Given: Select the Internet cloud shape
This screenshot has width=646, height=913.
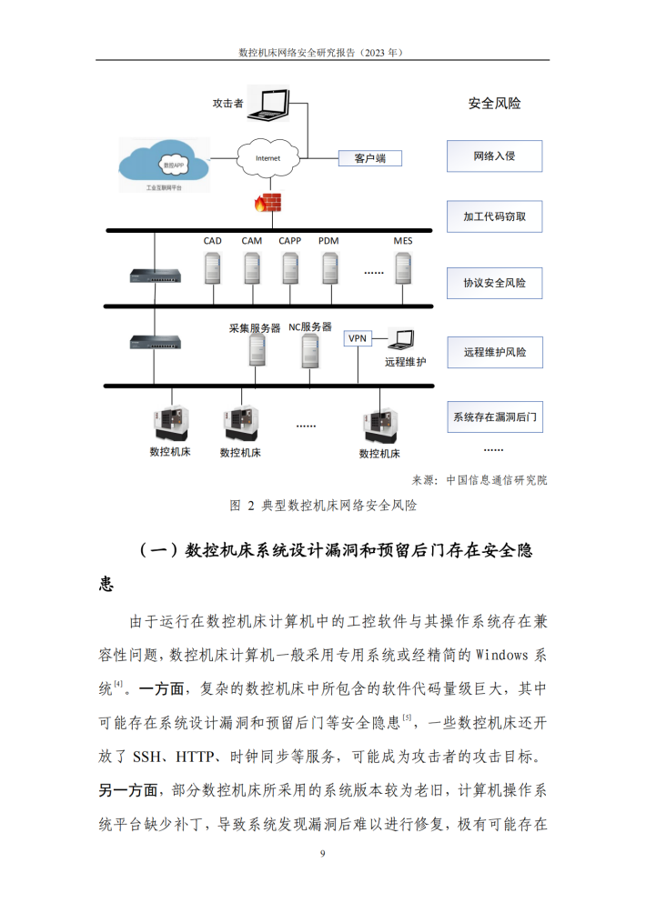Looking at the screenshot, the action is pos(267,158).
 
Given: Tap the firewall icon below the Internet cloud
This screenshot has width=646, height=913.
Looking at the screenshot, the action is pos(267,203).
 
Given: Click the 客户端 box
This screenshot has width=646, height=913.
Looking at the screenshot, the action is pos(370,158).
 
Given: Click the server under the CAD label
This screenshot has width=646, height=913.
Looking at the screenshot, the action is pos(213,268).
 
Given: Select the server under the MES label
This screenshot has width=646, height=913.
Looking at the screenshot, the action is pos(403,268).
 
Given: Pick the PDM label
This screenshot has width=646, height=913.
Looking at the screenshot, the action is pos(328,240).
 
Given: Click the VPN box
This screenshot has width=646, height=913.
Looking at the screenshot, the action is pos(358,338).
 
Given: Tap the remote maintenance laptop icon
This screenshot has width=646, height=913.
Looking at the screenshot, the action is pos(401,339).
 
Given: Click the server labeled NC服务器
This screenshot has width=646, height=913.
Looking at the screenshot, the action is pos(310,351).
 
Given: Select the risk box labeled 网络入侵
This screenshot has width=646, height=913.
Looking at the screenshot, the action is pos(495,156).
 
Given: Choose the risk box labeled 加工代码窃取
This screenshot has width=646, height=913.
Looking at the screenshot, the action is pos(495,216).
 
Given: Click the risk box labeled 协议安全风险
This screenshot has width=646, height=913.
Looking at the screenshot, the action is pos(495,283).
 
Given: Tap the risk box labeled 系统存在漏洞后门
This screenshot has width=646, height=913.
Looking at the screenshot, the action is pos(495,416).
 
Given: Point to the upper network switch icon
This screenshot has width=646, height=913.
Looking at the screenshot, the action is pos(155,276).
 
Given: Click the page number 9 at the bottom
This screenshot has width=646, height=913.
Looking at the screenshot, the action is pos(323,854).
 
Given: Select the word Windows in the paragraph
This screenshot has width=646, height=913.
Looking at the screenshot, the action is pos(502,655).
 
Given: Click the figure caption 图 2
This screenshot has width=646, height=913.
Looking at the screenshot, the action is pos(242,506).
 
